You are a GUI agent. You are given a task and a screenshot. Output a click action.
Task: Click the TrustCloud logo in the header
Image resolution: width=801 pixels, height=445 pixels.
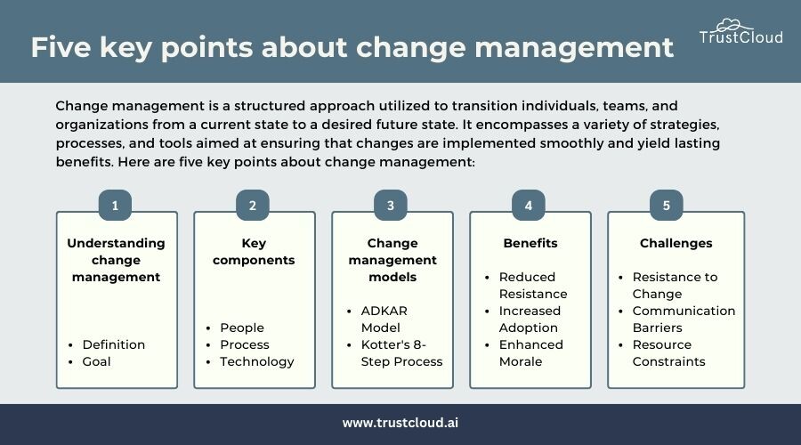(x=740, y=32)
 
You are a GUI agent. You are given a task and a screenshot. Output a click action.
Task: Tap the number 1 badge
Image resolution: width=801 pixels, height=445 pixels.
(x=115, y=206)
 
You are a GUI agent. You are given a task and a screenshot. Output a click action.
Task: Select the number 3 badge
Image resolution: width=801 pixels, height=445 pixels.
(x=391, y=206)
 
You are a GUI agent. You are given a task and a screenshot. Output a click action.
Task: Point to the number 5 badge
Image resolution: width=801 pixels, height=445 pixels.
(x=666, y=206)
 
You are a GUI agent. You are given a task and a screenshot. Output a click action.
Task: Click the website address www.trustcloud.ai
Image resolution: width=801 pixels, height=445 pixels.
(x=400, y=423)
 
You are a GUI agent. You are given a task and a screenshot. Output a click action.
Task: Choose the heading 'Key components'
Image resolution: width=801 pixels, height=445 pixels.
(x=254, y=251)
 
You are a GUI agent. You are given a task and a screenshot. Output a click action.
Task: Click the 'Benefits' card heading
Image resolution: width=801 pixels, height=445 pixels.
(x=530, y=243)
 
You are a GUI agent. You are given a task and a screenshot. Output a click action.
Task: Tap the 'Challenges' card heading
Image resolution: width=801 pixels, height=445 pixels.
(x=676, y=243)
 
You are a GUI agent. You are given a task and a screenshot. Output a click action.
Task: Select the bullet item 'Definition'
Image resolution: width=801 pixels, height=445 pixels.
(x=113, y=344)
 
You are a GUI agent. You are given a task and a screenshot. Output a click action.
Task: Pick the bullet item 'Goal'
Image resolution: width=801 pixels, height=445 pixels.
(x=96, y=361)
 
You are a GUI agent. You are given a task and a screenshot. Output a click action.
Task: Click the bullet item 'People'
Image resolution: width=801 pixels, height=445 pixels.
(x=242, y=328)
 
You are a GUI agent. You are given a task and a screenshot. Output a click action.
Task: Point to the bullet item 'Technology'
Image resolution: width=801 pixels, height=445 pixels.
(x=257, y=361)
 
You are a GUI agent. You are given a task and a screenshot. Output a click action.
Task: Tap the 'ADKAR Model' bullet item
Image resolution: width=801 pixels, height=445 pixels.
(x=384, y=320)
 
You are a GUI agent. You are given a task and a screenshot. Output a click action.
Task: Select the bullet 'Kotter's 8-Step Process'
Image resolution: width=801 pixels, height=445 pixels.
(x=401, y=353)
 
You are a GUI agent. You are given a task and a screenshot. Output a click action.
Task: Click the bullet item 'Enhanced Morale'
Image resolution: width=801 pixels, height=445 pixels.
(x=530, y=353)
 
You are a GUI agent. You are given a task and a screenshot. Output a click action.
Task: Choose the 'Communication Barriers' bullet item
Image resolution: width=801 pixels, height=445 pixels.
(x=684, y=320)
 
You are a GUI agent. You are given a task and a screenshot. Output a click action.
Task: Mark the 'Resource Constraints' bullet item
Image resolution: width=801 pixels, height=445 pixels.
(x=668, y=353)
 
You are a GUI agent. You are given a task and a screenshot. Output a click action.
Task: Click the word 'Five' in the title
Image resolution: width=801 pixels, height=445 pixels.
(x=61, y=47)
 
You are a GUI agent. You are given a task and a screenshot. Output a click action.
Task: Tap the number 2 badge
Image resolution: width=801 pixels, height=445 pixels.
(x=253, y=206)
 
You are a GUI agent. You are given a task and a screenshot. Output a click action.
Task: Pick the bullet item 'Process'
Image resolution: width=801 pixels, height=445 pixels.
(x=245, y=344)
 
